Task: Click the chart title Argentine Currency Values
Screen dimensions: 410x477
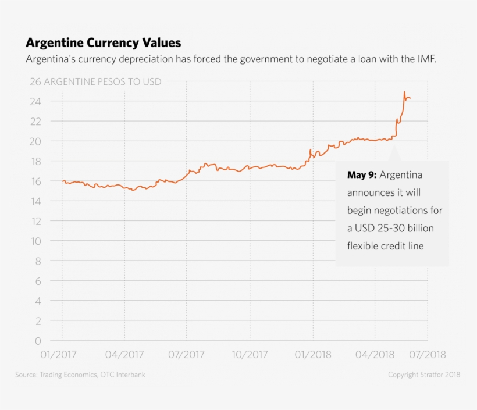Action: [x=103, y=43]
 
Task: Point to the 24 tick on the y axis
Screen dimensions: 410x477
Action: [x=35, y=102]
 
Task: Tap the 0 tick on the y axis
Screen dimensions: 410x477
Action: [x=38, y=340]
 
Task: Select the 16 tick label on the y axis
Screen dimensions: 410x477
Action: [x=35, y=181]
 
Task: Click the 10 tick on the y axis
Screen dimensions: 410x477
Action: [x=35, y=241]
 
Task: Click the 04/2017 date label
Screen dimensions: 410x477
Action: [x=124, y=354]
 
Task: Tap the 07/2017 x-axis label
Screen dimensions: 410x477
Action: [x=187, y=354]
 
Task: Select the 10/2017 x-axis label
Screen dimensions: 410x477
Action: [x=250, y=354]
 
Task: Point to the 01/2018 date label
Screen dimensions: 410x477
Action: [x=312, y=354]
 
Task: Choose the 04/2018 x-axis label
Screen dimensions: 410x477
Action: [x=375, y=354]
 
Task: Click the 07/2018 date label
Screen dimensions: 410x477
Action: [x=428, y=354]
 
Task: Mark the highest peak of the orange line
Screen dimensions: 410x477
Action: [x=404, y=92]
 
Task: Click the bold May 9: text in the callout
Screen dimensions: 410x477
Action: [x=362, y=175]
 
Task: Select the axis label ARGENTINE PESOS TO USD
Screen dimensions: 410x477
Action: [x=102, y=81]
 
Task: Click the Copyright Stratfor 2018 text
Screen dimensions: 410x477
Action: [x=424, y=375]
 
